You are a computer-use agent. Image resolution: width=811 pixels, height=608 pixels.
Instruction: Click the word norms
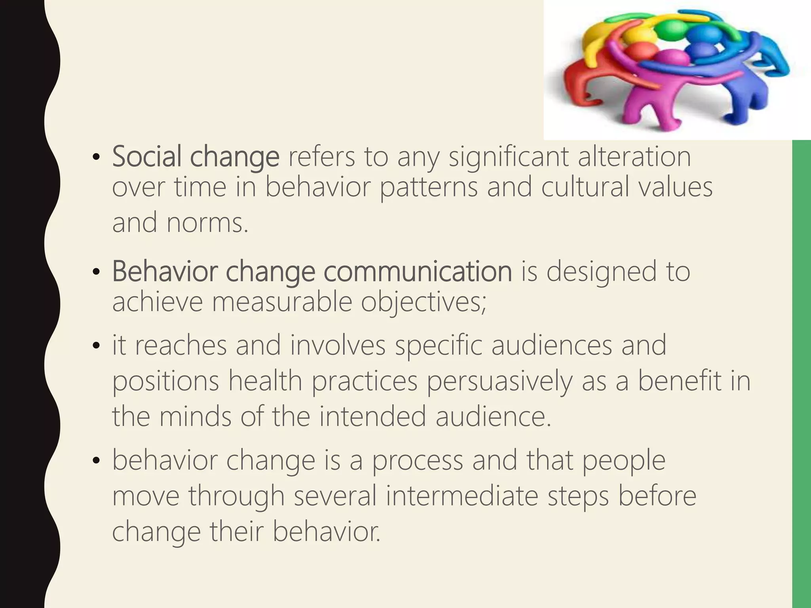(x=207, y=223)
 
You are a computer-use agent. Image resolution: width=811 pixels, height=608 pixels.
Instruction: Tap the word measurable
(x=282, y=302)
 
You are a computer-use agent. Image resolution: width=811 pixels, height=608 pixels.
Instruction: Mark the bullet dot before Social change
(x=95, y=158)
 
